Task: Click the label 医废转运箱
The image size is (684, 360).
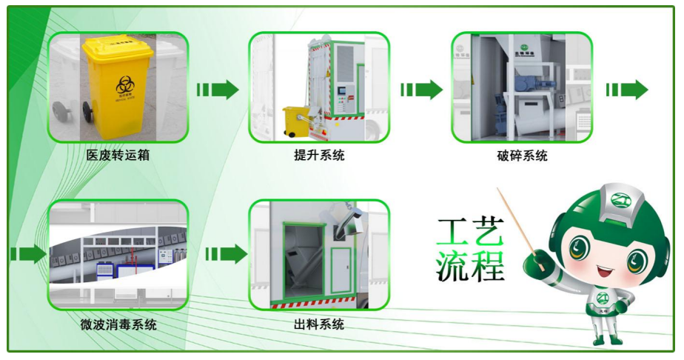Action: (x=118, y=156)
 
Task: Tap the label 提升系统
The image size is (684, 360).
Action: (x=319, y=156)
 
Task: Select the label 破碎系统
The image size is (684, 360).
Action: (x=523, y=156)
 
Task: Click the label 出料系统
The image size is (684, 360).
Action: (x=319, y=324)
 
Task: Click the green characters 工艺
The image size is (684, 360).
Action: (x=470, y=233)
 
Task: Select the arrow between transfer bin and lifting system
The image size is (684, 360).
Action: (x=218, y=90)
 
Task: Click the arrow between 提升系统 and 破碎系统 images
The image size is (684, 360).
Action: (x=421, y=90)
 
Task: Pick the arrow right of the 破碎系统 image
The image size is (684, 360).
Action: (x=626, y=90)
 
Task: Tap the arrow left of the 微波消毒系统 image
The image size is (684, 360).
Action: (x=28, y=254)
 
